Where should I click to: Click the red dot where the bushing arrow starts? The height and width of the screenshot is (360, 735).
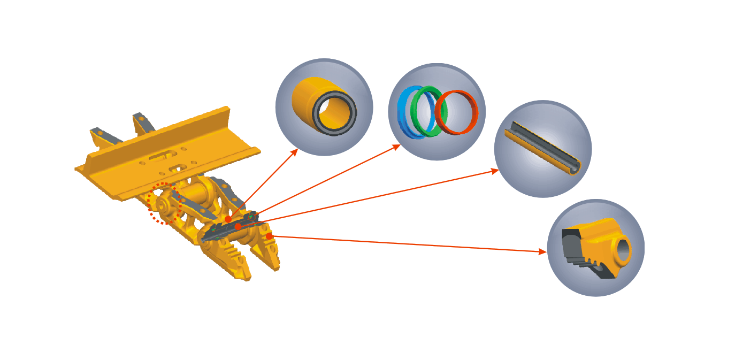[228, 219]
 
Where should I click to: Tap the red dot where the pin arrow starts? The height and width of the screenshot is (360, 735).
[239, 227]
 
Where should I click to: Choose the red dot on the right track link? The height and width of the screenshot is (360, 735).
[269, 235]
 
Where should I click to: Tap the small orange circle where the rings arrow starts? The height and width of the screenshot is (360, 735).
[251, 217]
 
